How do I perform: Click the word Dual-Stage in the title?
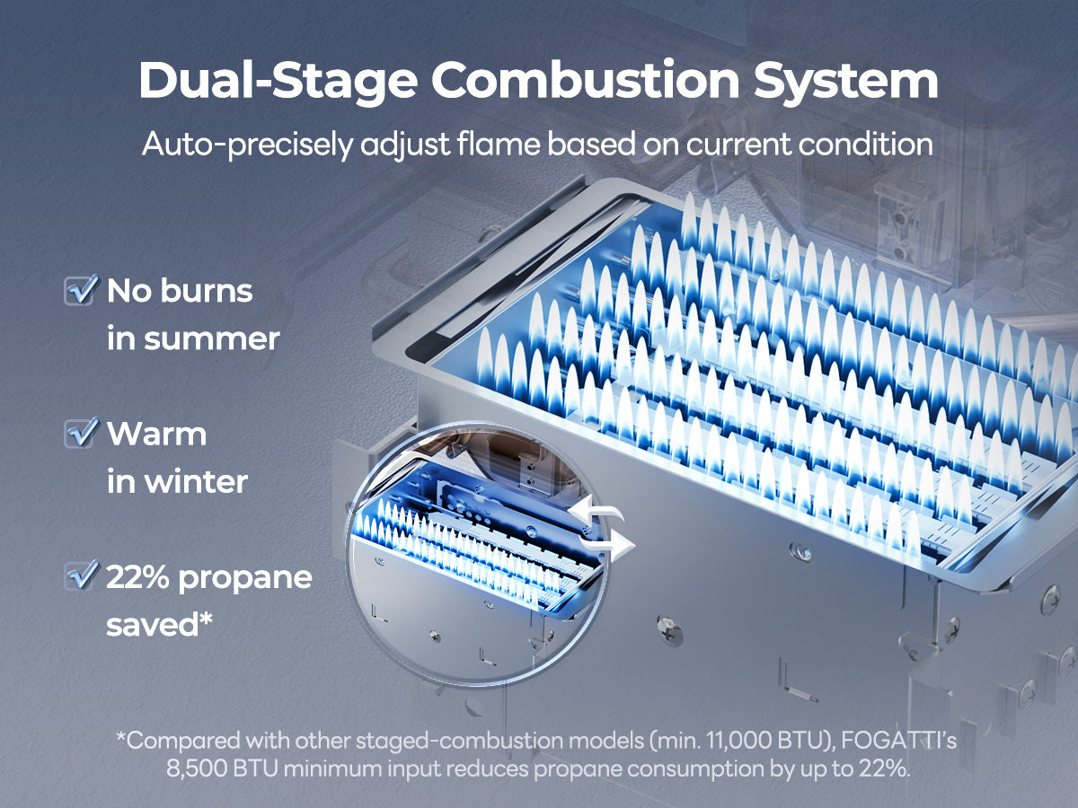click(278, 82)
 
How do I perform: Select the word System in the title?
click(846, 82)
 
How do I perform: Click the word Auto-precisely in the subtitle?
click(247, 145)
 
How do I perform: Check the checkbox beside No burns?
click(80, 290)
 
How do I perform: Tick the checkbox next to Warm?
click(80, 433)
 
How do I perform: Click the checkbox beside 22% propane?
click(80, 575)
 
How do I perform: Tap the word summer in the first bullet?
click(212, 339)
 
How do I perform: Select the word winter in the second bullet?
click(196, 482)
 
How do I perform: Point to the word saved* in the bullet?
click(159, 625)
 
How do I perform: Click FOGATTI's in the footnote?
click(899, 741)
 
